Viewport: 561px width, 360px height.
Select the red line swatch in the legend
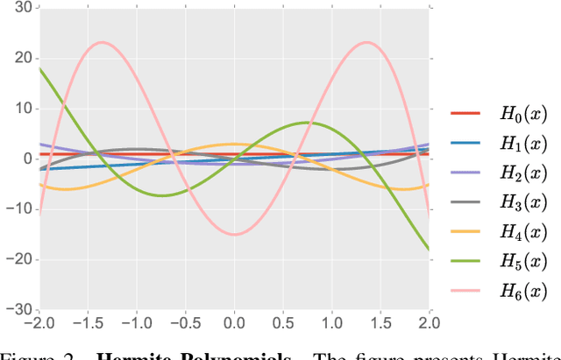pos(465,113)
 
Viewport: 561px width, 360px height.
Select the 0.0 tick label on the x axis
pos(233,323)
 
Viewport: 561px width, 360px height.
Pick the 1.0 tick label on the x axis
pos(331,323)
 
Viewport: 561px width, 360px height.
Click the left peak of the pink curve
pos(102,42)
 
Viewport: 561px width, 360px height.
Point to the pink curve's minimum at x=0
pos(233,234)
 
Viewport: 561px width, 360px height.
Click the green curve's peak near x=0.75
pos(307,123)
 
